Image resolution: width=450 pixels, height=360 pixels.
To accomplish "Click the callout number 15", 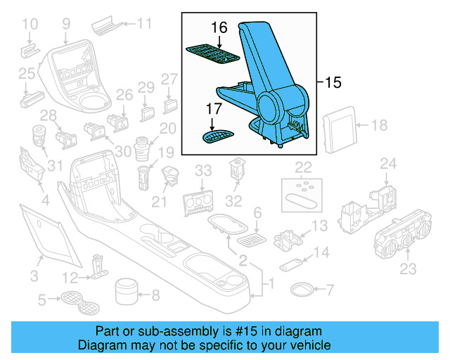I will point(333,83).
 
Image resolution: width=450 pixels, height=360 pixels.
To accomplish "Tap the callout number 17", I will point(214,110).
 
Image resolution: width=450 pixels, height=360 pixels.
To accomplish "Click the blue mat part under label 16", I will point(212,54).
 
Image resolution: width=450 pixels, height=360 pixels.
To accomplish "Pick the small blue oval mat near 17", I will point(220,134).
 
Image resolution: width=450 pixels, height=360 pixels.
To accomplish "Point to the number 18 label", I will point(379,126).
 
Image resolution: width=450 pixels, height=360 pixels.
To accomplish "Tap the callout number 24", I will point(389,164).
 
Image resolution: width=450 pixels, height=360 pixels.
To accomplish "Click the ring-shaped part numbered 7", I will point(303,289).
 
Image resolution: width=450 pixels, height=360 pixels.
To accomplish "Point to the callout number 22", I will point(303,167).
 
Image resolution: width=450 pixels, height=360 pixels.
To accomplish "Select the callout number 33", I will point(202,170).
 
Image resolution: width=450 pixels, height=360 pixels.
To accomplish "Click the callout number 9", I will point(66,24).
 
